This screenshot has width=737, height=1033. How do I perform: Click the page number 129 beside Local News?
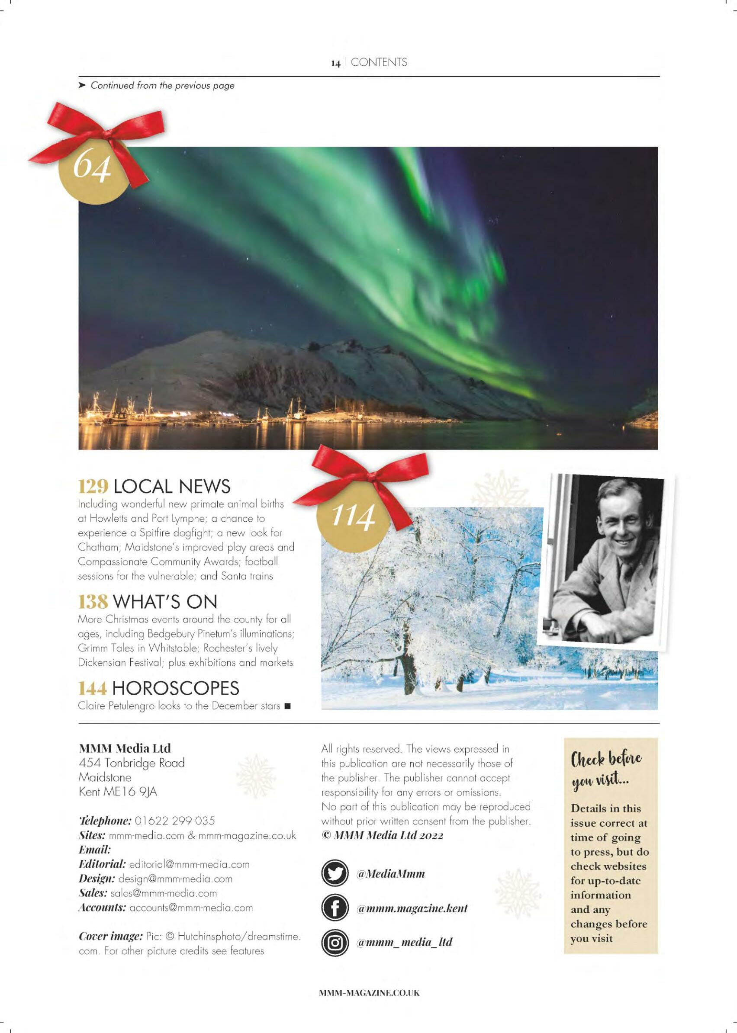[x=93, y=486]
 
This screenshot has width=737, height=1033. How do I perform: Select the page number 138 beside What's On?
[x=93, y=602]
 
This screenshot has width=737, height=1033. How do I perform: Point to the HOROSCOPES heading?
[x=175, y=688]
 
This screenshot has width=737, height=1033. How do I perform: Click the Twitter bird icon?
[x=335, y=874]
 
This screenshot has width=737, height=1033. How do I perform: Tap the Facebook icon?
[x=335, y=909]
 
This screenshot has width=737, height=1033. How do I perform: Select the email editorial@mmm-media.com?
[x=189, y=864]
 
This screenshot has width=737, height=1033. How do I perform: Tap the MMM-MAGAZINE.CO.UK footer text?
[x=370, y=993]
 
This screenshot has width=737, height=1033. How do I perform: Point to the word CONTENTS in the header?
[x=379, y=63]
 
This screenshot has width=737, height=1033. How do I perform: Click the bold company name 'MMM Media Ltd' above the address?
[x=125, y=748]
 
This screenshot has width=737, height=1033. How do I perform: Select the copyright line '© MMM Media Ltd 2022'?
[x=383, y=836]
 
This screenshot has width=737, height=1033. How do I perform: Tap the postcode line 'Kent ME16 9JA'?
[x=118, y=792]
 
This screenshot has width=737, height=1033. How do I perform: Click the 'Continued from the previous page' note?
[x=162, y=85]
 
